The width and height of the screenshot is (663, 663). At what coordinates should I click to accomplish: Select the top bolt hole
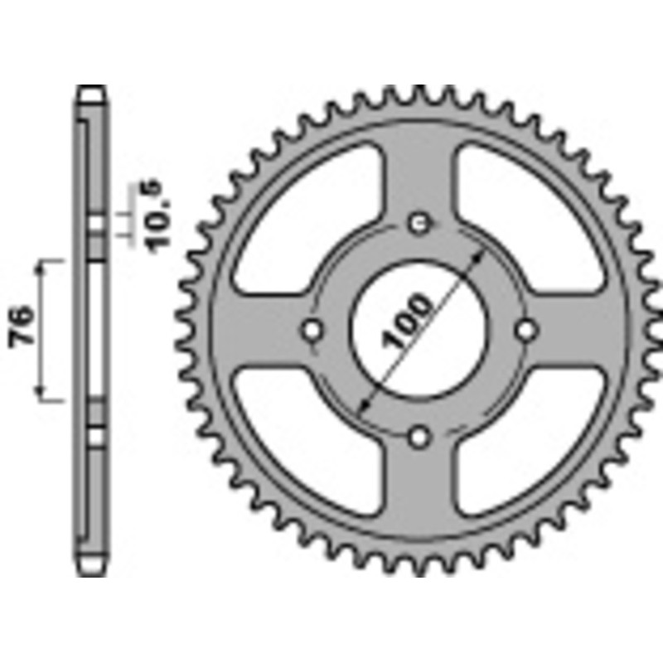420,222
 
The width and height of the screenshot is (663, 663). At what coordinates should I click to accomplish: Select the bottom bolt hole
420,436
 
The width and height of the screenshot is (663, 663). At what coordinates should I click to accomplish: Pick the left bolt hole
312,329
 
